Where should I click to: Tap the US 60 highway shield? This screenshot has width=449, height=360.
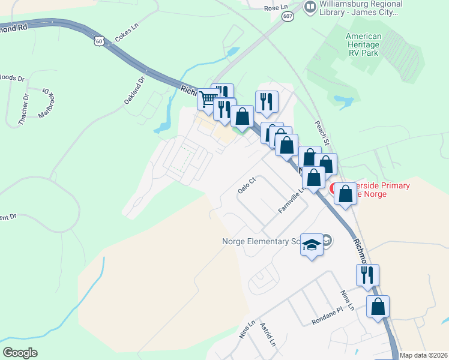click(99, 40)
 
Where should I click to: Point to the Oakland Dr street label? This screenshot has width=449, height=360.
click(135, 91)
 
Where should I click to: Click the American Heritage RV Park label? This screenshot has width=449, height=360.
click(372, 44)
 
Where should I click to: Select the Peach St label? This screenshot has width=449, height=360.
click(322, 131)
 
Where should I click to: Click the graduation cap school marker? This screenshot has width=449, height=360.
click(312, 244)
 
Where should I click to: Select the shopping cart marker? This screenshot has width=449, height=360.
click(208, 98)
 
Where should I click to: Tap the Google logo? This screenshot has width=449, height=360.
click(20, 353)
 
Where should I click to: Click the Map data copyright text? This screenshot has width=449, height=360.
click(424, 355)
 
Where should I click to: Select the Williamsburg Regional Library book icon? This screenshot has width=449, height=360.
click(310, 7)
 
